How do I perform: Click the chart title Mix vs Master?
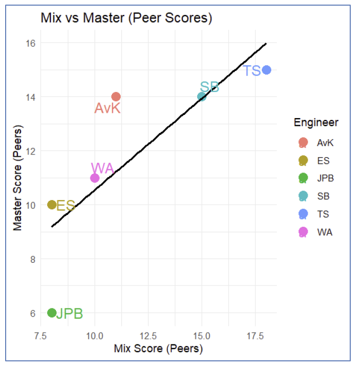click(x=126, y=18)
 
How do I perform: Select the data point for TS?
click(x=266, y=70)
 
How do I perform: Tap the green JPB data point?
click(x=51, y=313)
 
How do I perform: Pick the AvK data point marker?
click(x=116, y=96)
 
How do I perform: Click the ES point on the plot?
click(x=51, y=205)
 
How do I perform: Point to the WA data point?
click(x=94, y=178)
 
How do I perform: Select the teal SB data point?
click(x=202, y=96)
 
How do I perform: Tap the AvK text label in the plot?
click(x=107, y=108)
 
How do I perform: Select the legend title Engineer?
click(x=316, y=123)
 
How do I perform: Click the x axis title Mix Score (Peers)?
click(x=159, y=349)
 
